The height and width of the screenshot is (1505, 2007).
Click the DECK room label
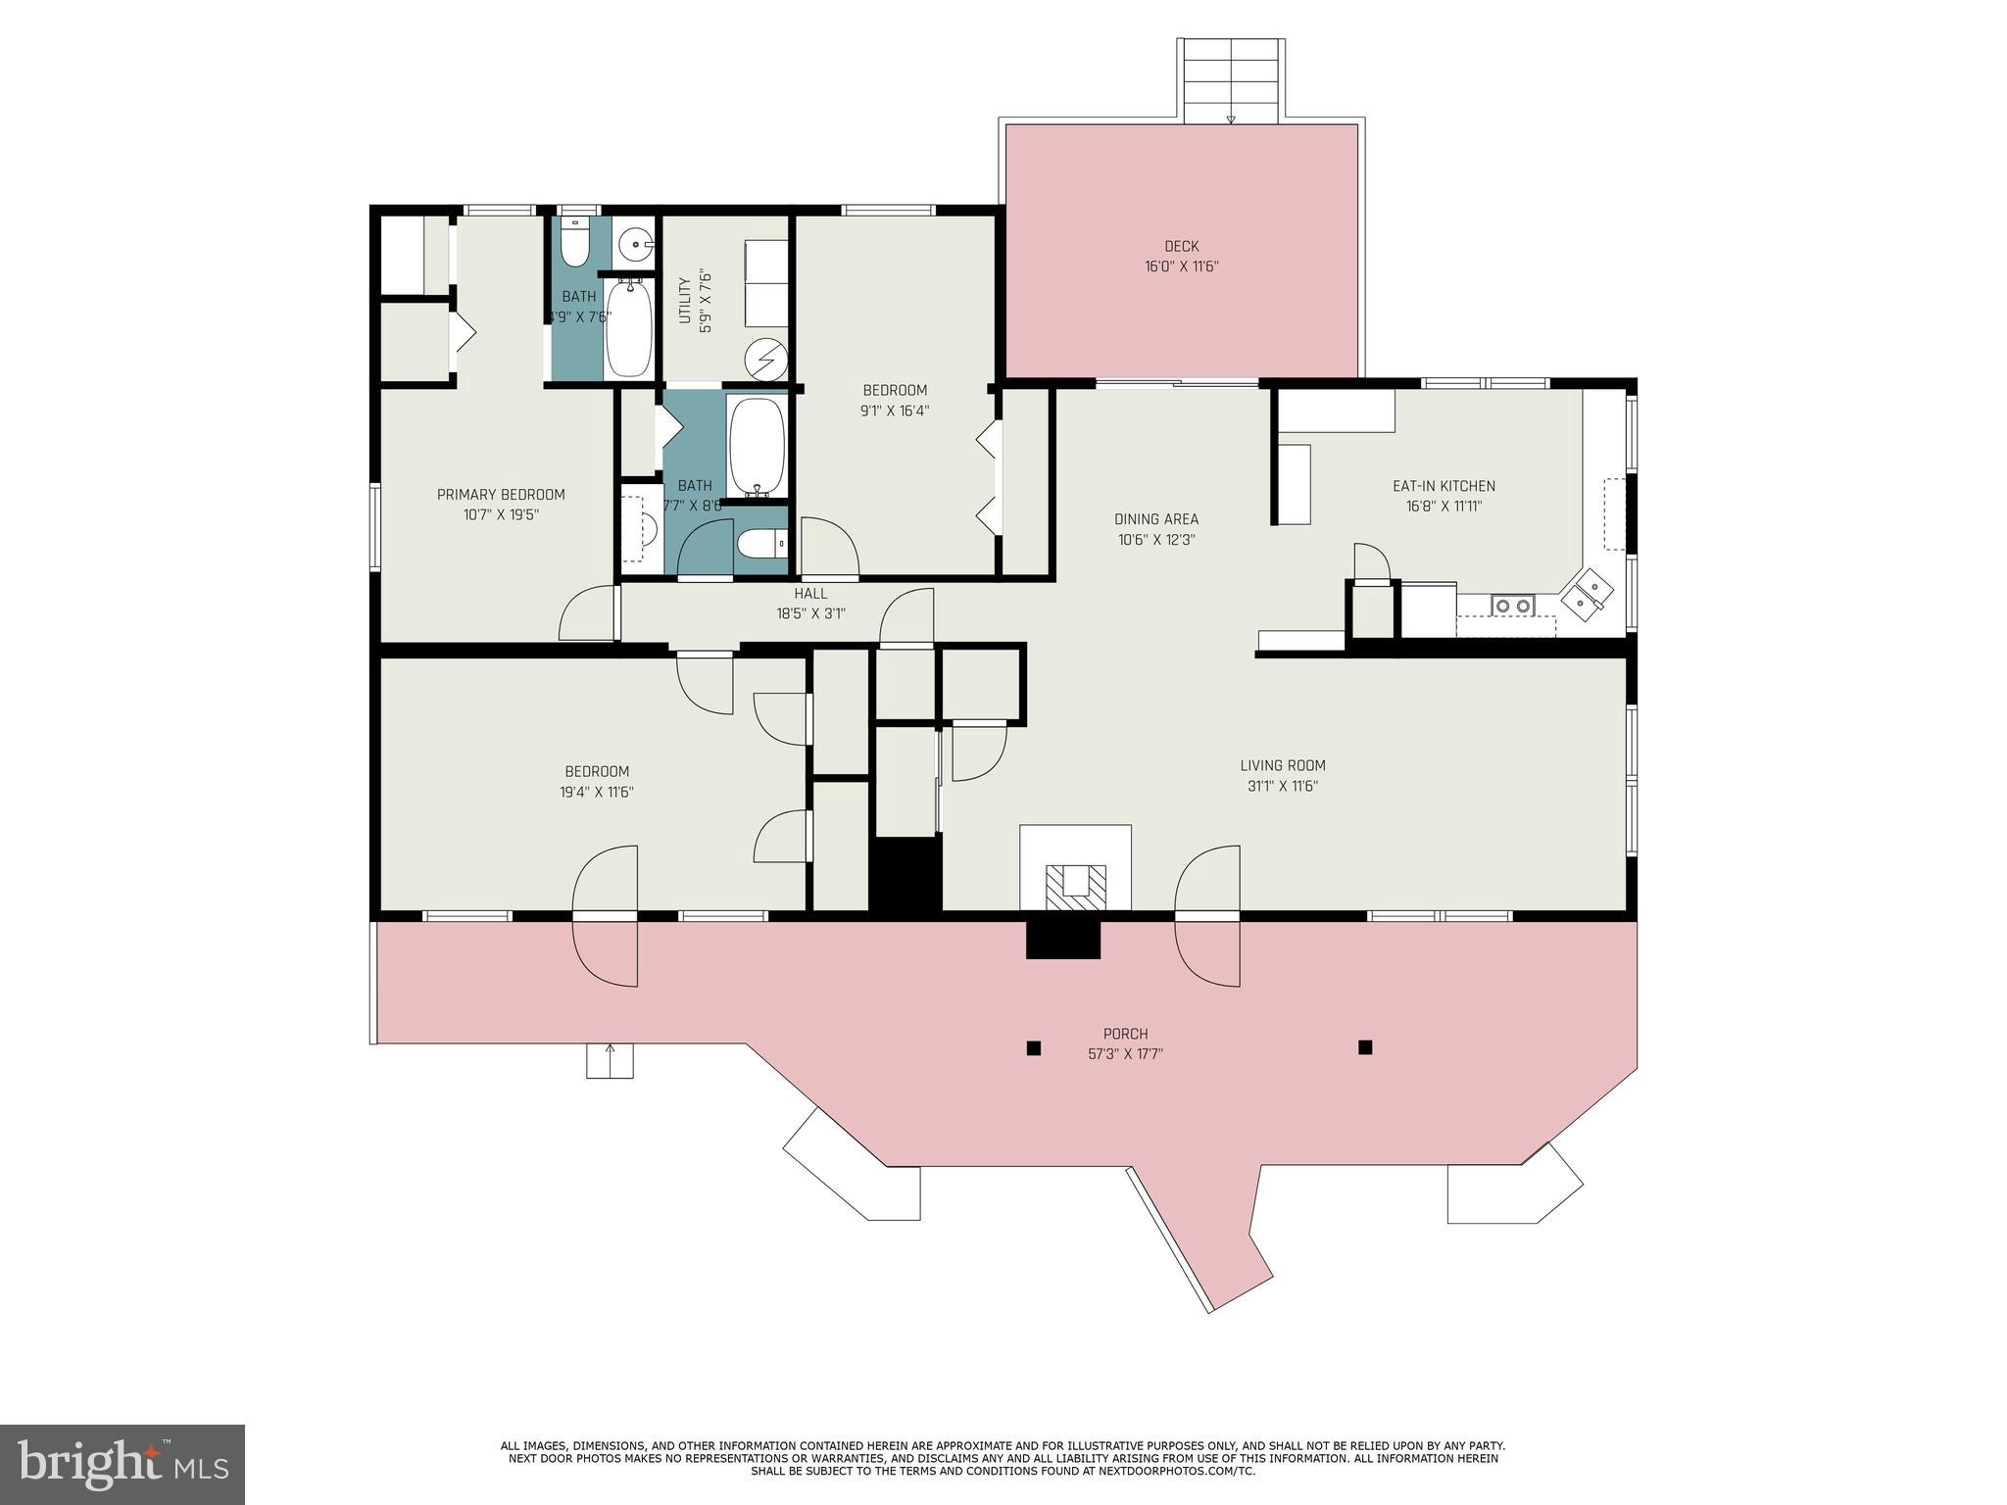[x=1181, y=246]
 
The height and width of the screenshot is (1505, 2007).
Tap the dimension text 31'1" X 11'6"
[x=1283, y=786]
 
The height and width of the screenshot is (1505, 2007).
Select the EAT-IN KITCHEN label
[x=1444, y=486]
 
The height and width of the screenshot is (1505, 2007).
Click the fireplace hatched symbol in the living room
[x=1075, y=885]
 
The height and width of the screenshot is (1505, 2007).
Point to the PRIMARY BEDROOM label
[x=501, y=495]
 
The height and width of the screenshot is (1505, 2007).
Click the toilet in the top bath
[x=575, y=241]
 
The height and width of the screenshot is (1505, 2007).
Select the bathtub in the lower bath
[x=757, y=448]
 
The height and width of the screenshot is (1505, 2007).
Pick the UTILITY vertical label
[x=685, y=301]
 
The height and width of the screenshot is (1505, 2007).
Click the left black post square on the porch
[x=1033, y=1048]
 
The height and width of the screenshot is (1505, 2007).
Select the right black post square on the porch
[x=1365, y=1046]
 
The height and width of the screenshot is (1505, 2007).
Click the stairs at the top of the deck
[x=1231, y=80]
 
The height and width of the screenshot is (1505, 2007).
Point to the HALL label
[x=810, y=594]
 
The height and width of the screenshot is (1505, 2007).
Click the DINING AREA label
[x=1156, y=519]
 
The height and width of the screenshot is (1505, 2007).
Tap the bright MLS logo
[x=122, y=1465]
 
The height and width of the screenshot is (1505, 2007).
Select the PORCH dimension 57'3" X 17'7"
[x=1125, y=1054]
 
